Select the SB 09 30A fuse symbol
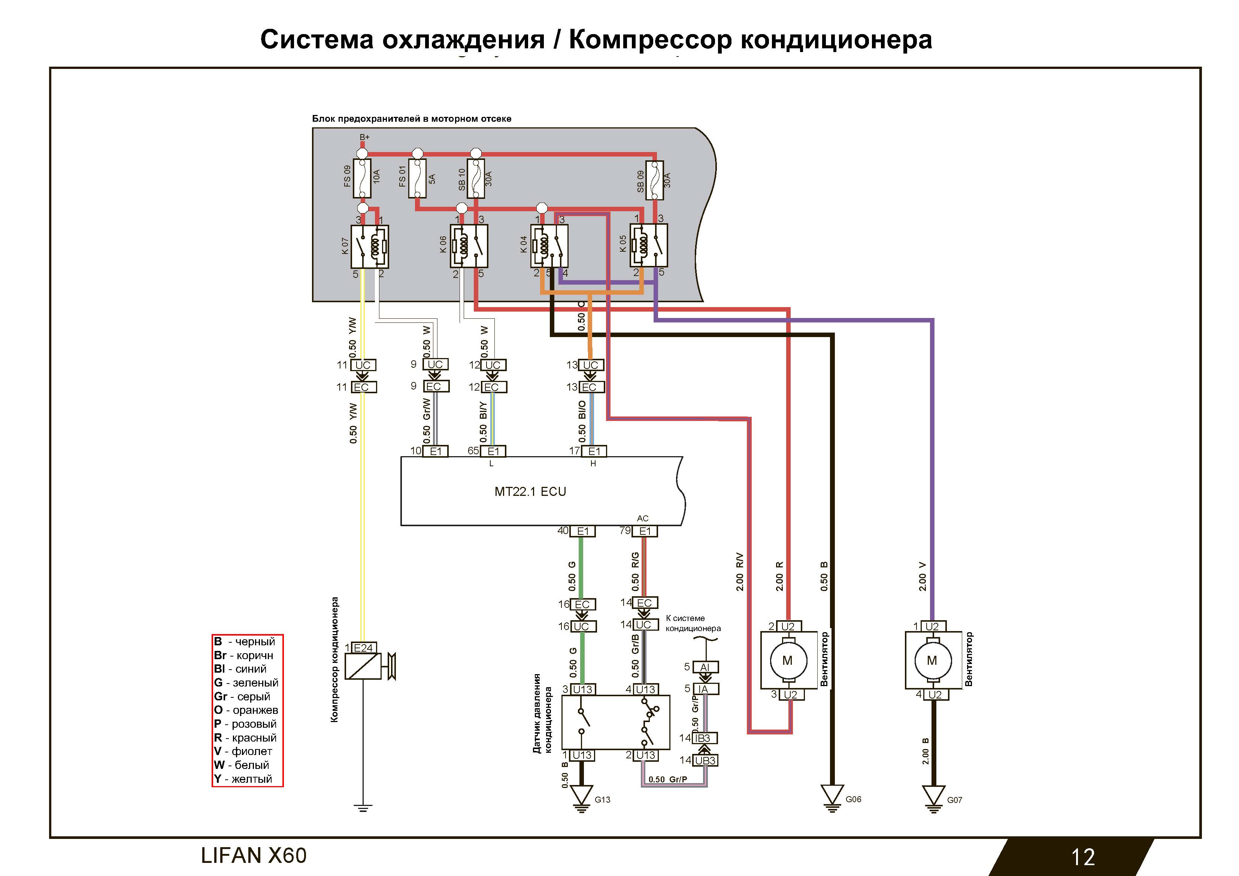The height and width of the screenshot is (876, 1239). pyautogui.click(x=655, y=180)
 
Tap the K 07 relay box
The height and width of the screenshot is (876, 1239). pyautogui.click(x=370, y=246)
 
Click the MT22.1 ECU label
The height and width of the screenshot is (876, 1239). pyautogui.click(x=530, y=492)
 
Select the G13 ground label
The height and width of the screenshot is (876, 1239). pyautogui.click(x=602, y=799)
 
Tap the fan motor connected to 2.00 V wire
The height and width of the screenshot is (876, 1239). pyautogui.click(x=932, y=661)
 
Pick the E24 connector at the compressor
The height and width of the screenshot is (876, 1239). pyautogui.click(x=363, y=648)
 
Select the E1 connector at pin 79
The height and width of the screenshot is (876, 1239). pyautogui.click(x=645, y=531)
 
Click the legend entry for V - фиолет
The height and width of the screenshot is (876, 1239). pyautogui.click(x=243, y=751)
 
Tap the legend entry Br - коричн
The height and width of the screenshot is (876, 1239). pyautogui.click(x=243, y=655)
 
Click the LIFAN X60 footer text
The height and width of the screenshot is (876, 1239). pyautogui.click(x=254, y=855)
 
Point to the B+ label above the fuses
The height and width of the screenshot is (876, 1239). pyautogui.click(x=365, y=137)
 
